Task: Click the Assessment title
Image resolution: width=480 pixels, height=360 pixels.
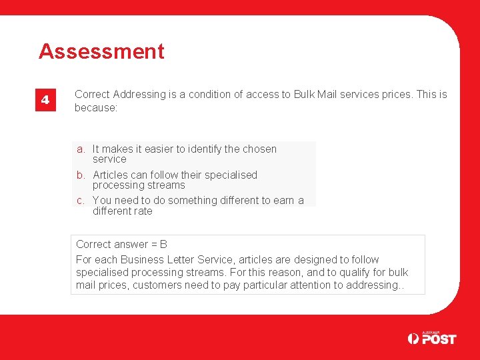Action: click(x=101, y=51)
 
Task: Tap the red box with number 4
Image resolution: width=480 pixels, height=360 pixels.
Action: click(x=45, y=100)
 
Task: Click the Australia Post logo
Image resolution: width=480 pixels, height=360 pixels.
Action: click(x=431, y=338)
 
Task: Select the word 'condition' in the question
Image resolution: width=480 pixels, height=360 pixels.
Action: click(x=209, y=95)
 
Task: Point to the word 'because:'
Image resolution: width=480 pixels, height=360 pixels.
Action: click(x=96, y=107)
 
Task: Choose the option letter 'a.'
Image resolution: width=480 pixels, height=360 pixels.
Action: click(x=81, y=149)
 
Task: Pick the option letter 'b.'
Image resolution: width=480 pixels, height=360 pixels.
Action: click(x=81, y=175)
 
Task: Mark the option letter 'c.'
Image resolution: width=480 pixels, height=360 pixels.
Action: click(x=81, y=201)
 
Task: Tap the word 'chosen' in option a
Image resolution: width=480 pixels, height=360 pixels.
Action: click(x=259, y=149)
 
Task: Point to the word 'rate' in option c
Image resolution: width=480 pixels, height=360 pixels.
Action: click(x=143, y=211)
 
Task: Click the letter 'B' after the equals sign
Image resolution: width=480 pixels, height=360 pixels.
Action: click(x=163, y=245)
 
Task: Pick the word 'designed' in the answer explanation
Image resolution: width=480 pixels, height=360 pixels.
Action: click(x=308, y=260)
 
